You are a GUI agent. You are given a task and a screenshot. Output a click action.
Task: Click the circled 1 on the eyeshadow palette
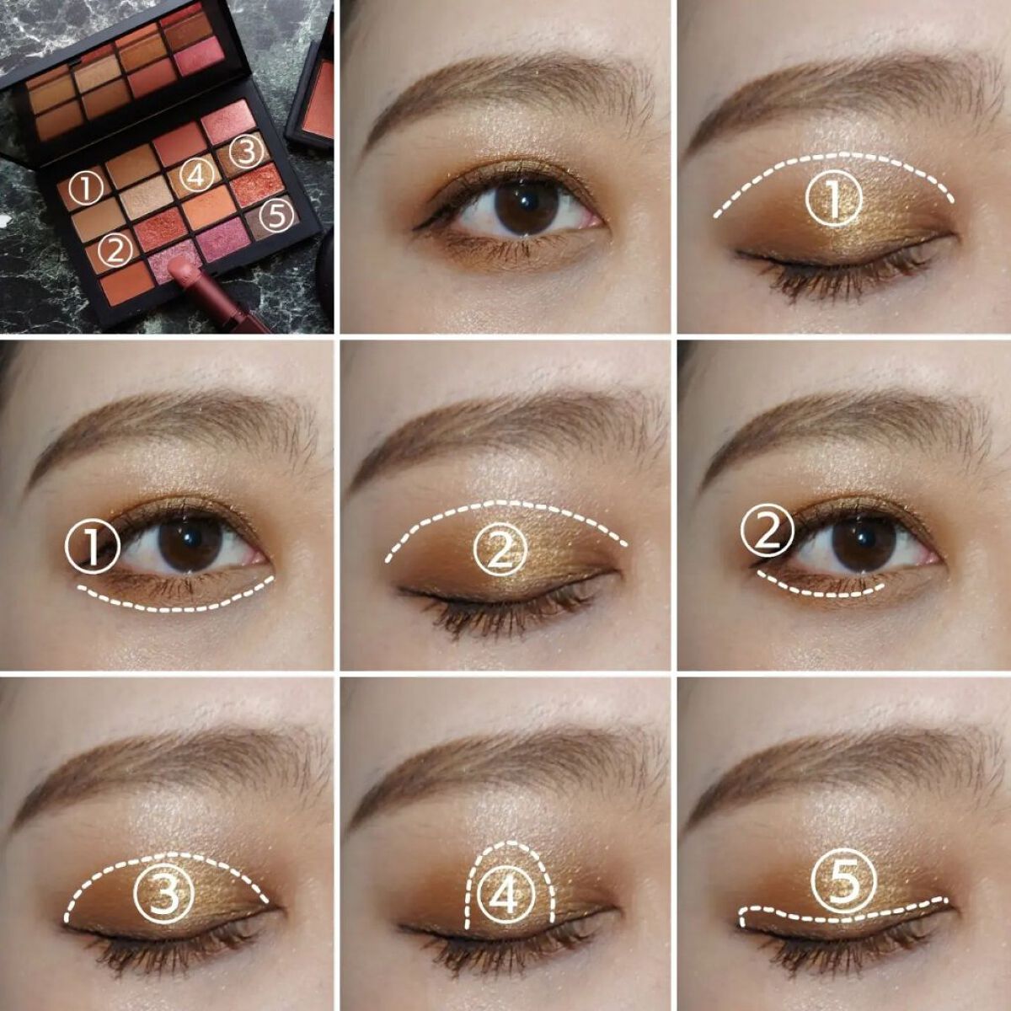pos(86,190)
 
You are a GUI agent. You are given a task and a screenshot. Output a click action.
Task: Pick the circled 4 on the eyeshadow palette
pos(197,174)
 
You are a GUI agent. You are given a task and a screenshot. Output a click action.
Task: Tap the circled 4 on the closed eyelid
pos(505,895)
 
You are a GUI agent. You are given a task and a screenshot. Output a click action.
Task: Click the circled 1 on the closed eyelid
pos(833,200)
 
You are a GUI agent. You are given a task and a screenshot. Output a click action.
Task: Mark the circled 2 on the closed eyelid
pos(500,550)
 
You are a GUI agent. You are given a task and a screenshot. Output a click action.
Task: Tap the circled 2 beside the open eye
pos(767,532)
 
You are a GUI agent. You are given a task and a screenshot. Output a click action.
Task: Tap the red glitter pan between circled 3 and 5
pos(256,185)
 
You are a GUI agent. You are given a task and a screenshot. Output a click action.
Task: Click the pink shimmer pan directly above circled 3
pos(227,121)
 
